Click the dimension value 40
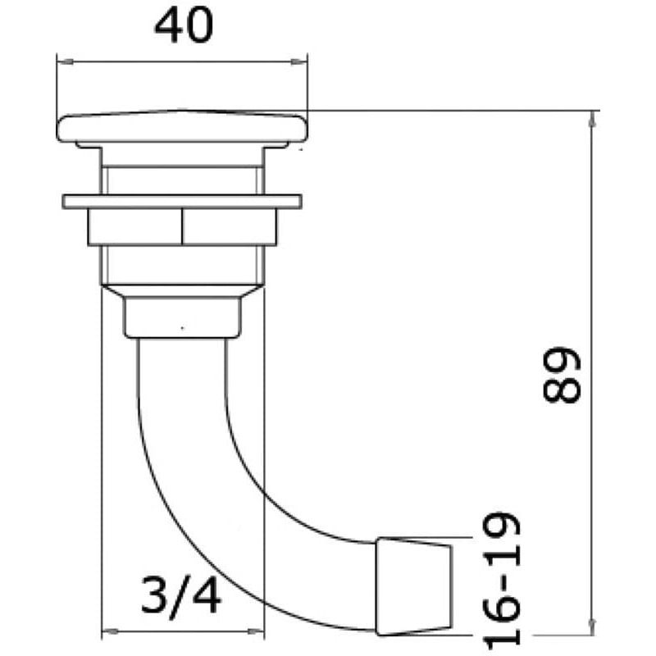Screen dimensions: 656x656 (x=184, y=25)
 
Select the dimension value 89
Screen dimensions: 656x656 (x=562, y=374)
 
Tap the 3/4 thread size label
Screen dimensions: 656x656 (x=180, y=594)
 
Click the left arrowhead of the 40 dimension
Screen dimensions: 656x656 (x=66, y=62)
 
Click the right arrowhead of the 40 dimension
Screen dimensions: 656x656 (x=298, y=62)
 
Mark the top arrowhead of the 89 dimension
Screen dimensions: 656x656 (x=592, y=119)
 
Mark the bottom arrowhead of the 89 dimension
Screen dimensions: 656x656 (x=592, y=626)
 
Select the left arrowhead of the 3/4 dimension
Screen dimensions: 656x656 (x=111, y=631)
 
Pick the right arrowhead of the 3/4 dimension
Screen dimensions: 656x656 (x=256, y=631)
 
